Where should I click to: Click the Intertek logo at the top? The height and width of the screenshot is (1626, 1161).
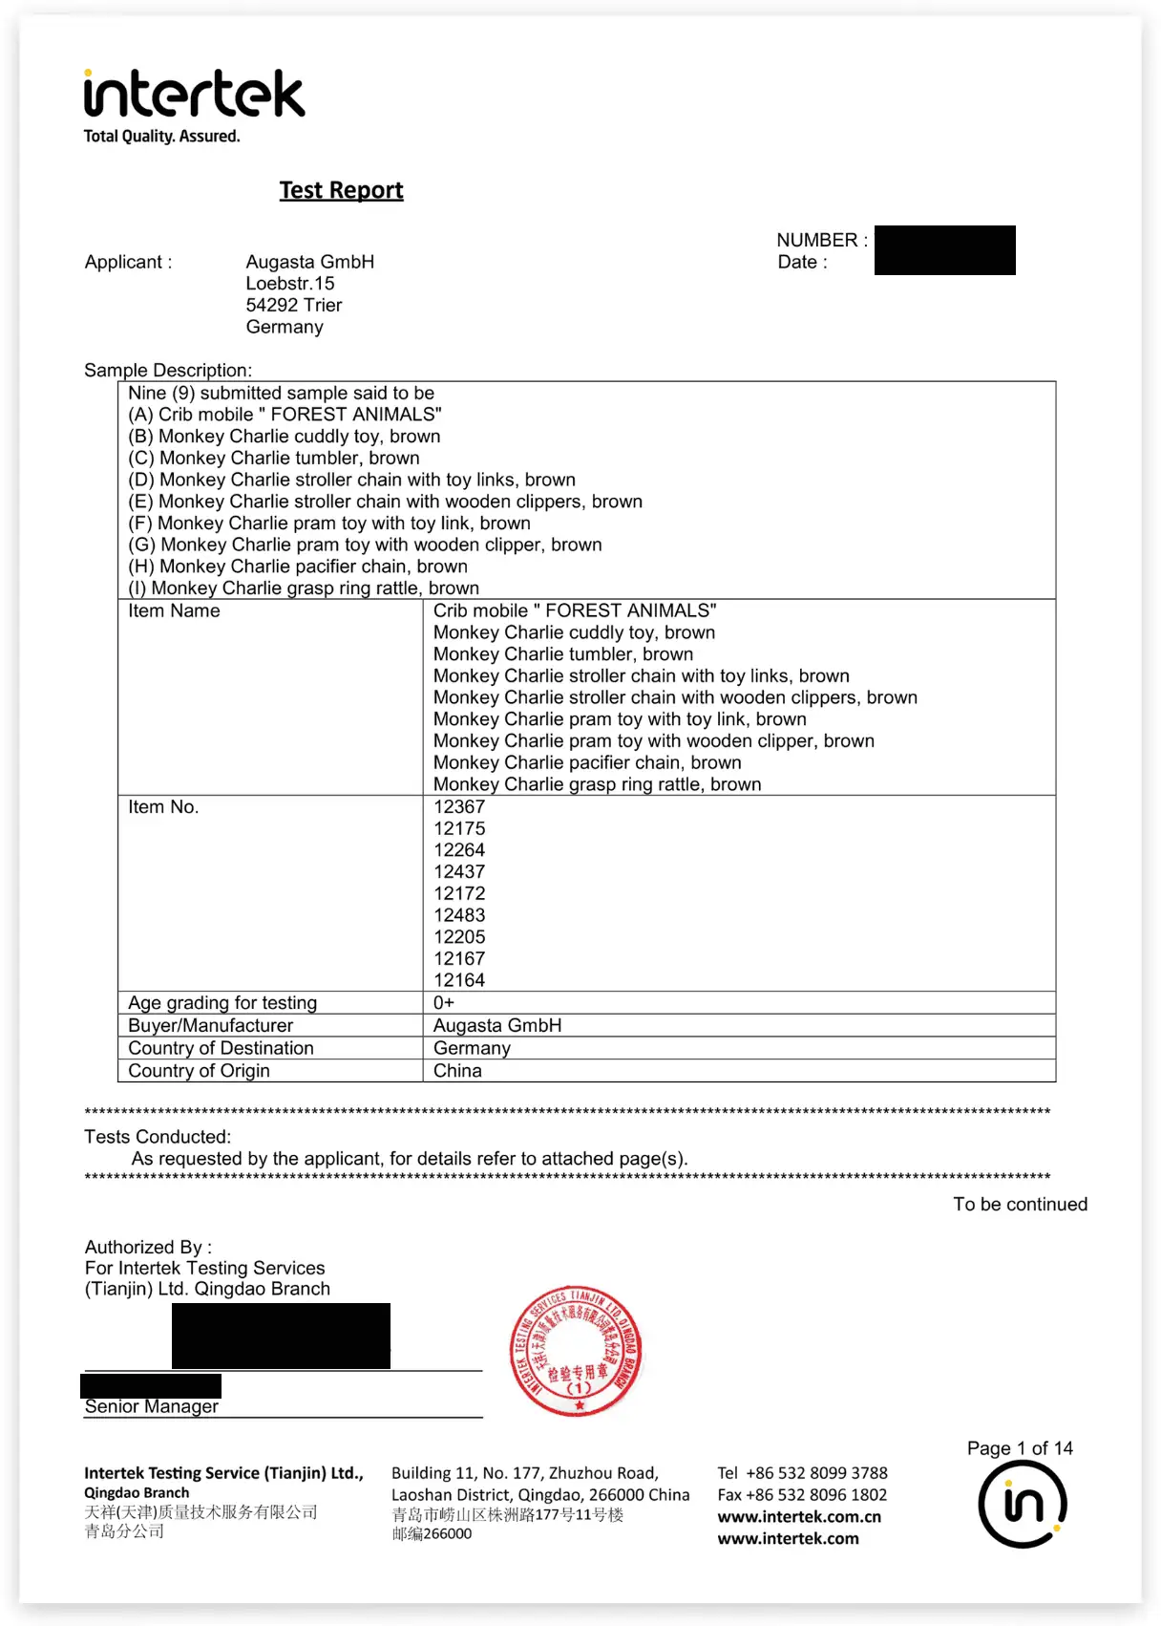coord(194,96)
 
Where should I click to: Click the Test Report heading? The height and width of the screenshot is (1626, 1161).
coord(341,190)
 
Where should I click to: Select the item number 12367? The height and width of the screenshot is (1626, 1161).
coord(459,807)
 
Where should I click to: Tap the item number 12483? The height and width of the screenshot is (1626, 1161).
coord(459,915)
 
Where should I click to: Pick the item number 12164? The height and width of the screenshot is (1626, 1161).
coord(459,980)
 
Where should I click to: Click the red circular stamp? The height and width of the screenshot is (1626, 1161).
coord(576,1350)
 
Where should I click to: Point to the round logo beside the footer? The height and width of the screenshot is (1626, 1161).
coord(1022,1504)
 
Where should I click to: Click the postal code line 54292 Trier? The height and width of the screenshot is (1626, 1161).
coord(294,306)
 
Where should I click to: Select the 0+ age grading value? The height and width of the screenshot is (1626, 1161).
coord(444,1003)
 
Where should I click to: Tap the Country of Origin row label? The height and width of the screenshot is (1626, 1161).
coord(199,1071)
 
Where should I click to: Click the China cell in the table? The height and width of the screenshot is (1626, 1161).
coord(457,1071)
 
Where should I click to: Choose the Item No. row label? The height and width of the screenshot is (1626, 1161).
coord(163,807)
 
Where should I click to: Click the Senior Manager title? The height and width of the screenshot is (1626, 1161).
coord(152,1406)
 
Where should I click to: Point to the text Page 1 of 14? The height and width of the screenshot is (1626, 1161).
coord(1020,1448)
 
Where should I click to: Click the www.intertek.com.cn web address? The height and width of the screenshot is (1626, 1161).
coord(799,1517)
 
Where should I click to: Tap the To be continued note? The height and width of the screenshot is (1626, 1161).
coord(1020,1205)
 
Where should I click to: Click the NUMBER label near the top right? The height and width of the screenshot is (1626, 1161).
coord(821,241)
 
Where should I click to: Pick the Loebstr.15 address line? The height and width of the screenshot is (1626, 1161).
coord(290,284)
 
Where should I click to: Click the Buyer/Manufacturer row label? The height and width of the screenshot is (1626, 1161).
coord(211,1026)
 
